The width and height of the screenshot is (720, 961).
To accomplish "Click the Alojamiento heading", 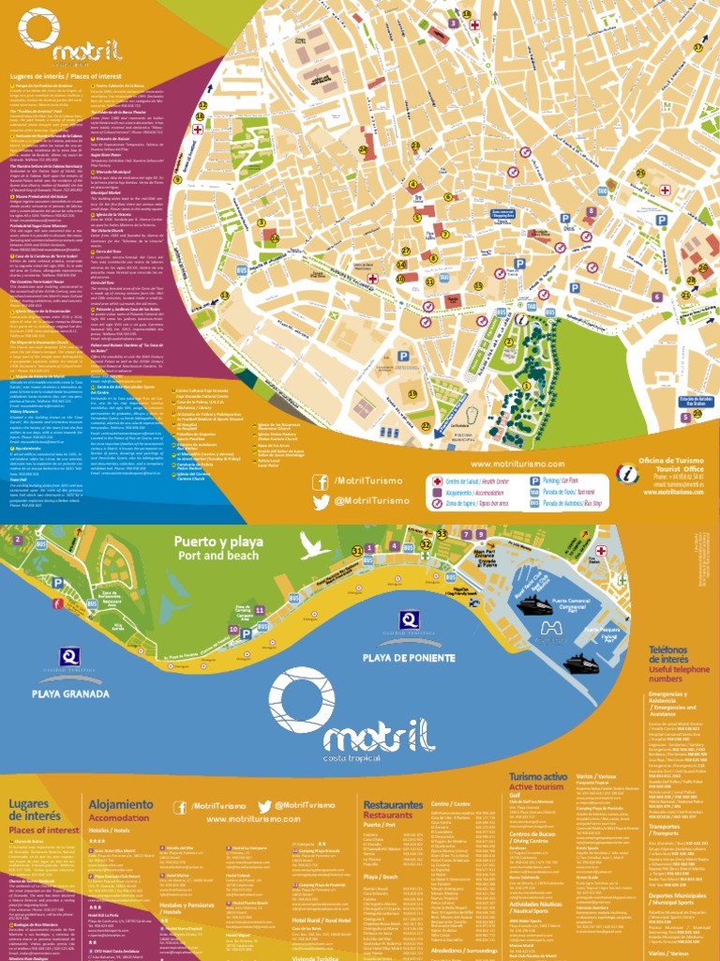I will pos(120,805).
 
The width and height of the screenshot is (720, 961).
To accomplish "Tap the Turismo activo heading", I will pos(538,782).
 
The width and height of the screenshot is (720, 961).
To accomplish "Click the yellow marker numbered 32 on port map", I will pos(427,543).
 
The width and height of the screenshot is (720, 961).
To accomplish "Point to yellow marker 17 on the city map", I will pos(697,47).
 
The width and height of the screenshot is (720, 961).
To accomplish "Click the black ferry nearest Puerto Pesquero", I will pos(582,664).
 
